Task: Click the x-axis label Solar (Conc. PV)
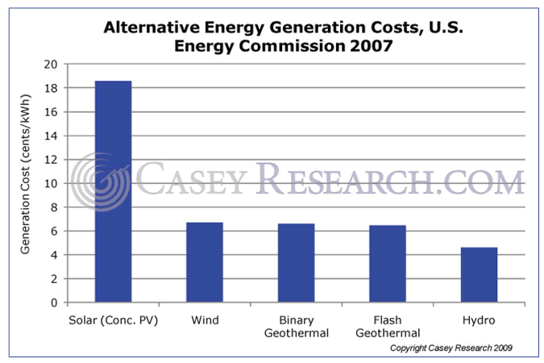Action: click(113, 320)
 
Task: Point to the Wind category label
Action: click(205, 320)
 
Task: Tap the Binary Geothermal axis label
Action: click(296, 326)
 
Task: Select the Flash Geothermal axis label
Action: click(388, 326)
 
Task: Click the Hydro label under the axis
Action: click(479, 320)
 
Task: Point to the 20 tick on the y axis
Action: click(51, 65)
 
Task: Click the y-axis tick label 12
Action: click(51, 160)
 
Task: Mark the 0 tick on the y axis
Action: click(54, 303)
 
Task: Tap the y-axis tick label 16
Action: click(51, 112)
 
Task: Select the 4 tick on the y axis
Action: click(54, 256)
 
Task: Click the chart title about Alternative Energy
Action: click(271, 36)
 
